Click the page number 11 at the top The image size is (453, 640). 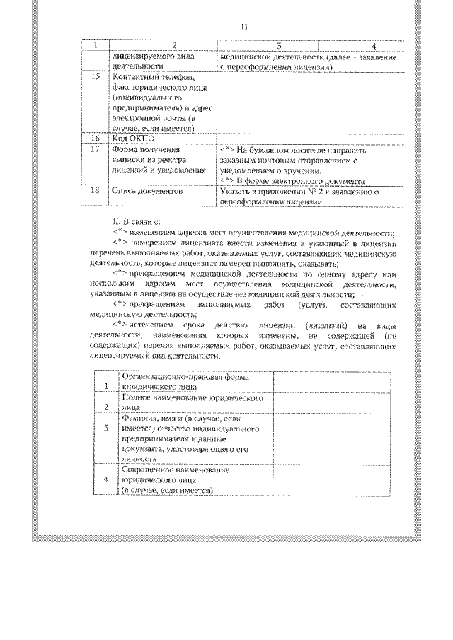[x=243, y=27]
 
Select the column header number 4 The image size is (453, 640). [x=362, y=46]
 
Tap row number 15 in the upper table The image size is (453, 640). [x=96, y=76]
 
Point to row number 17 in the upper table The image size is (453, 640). [x=96, y=149]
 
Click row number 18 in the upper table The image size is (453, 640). [x=96, y=191]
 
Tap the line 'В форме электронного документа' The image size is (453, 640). [x=304, y=180]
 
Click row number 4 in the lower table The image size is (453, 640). [x=105, y=479]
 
